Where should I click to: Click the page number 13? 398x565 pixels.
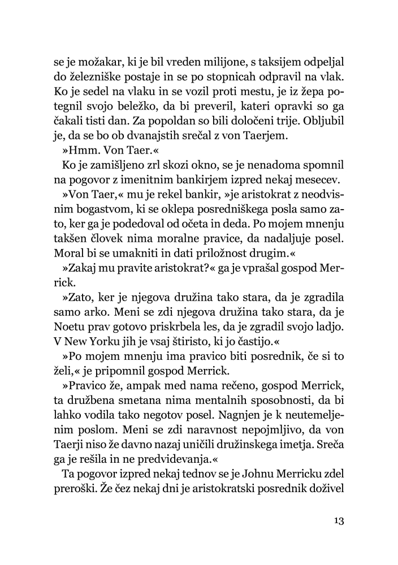pyautogui.click(x=338, y=520)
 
